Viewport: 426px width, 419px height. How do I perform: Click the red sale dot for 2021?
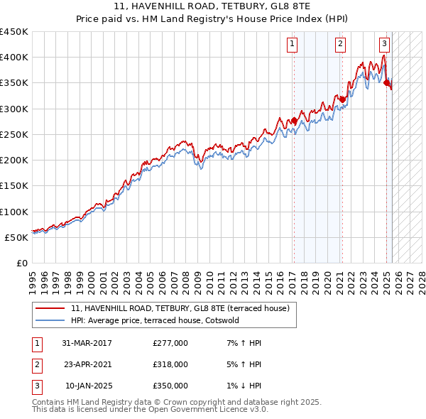pos(342,99)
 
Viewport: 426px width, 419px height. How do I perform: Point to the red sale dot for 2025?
pos(387,83)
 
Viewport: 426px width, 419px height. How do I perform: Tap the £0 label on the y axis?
pos(23,263)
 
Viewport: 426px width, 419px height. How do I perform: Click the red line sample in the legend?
pos(50,309)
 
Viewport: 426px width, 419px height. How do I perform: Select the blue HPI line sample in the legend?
pos(50,320)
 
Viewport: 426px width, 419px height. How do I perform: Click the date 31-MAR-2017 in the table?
pos(87,343)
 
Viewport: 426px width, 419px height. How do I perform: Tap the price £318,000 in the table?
pos(170,364)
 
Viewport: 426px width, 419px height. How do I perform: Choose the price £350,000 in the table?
pos(170,386)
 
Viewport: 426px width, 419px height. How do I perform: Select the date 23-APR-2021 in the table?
pos(87,364)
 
